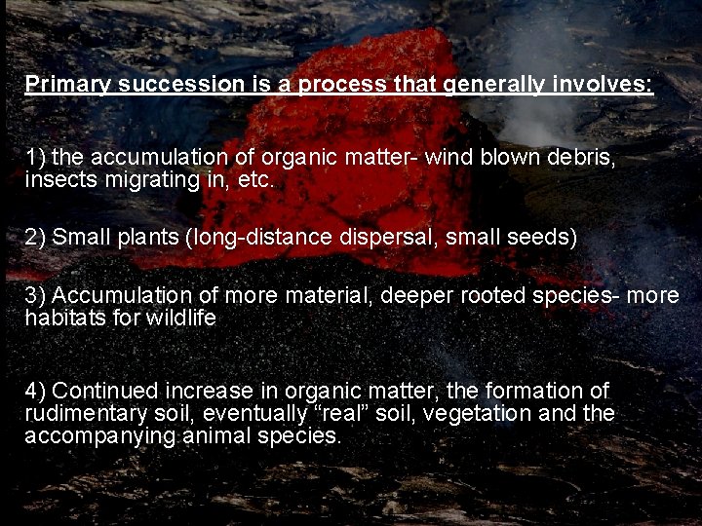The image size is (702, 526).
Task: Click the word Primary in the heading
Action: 67,85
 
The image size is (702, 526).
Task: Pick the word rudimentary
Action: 83,414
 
